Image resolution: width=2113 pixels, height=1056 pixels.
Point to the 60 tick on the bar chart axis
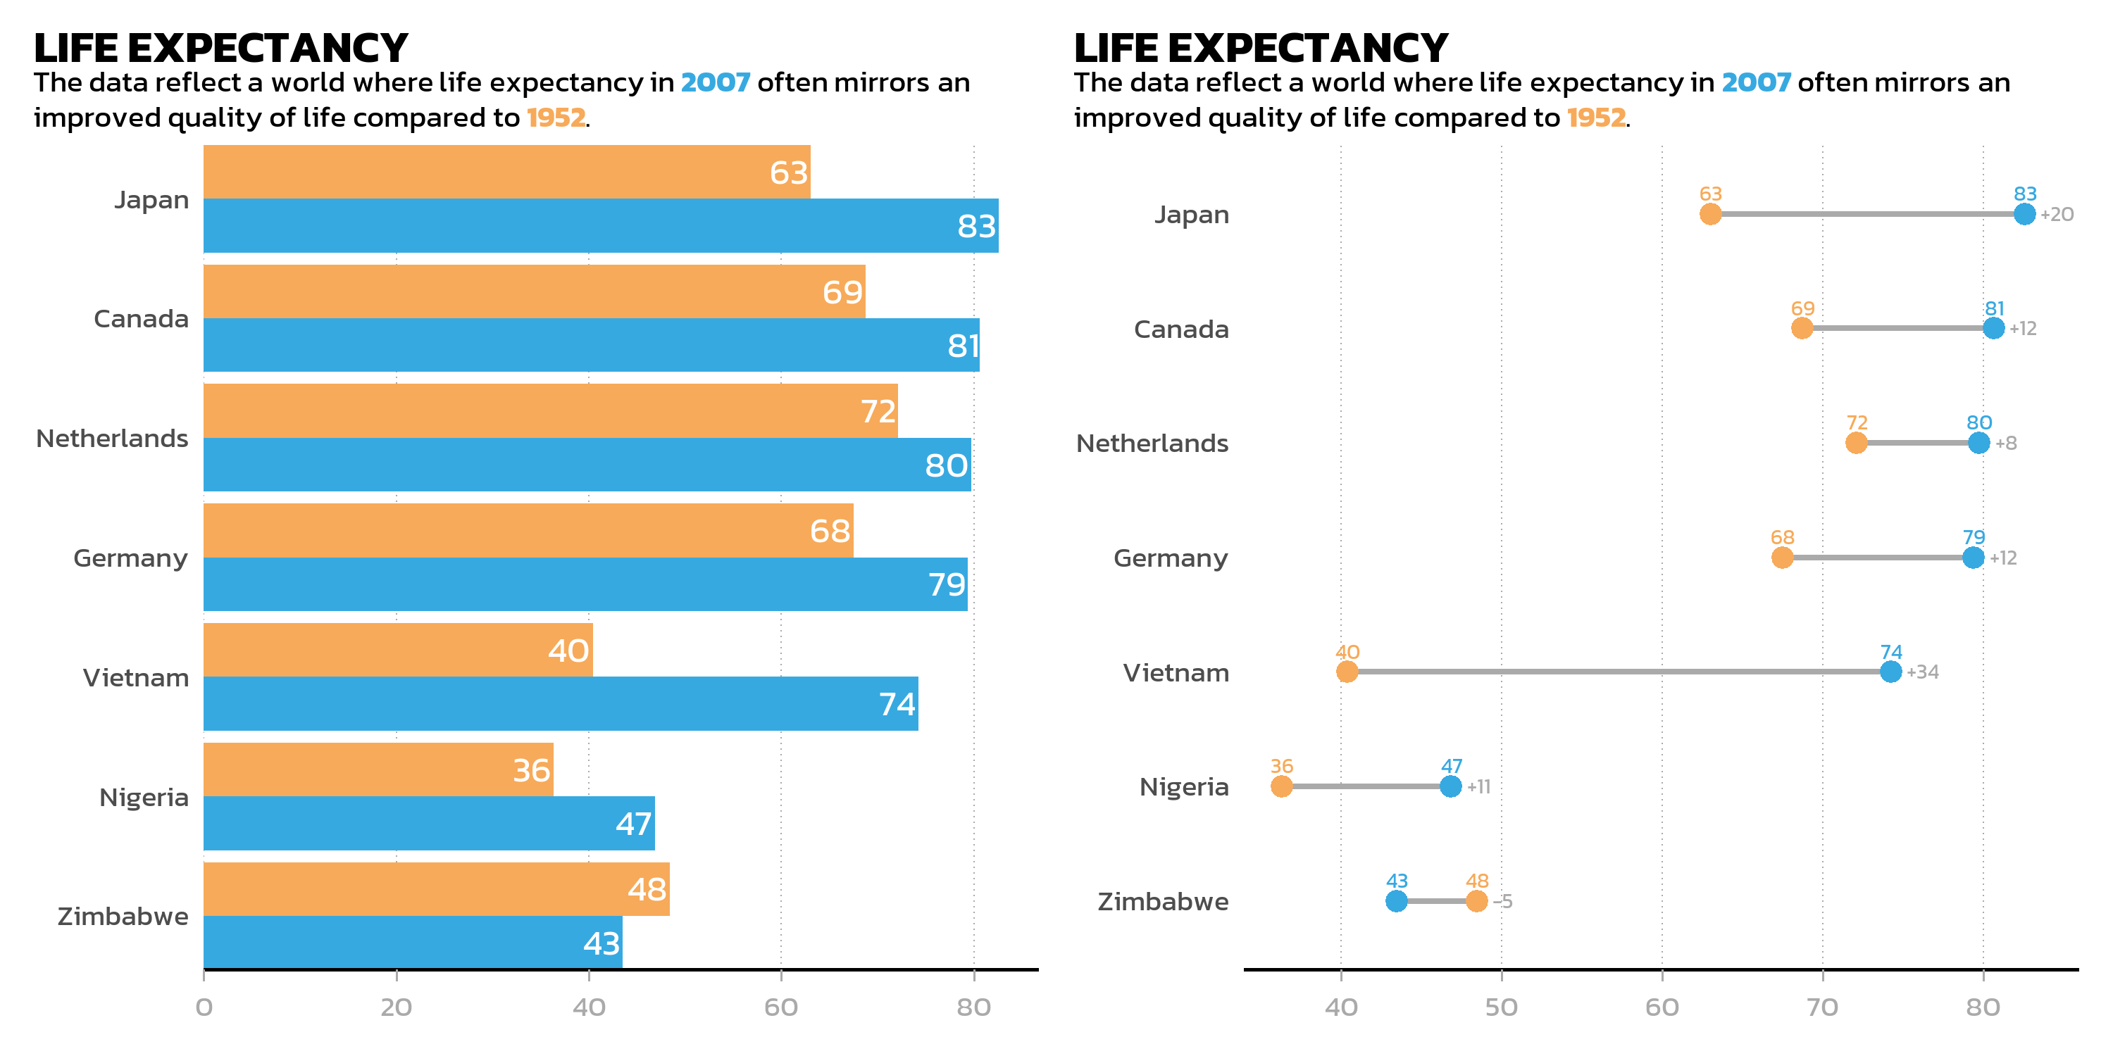click(781, 1007)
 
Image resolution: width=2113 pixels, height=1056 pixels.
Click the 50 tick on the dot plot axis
click(1501, 1007)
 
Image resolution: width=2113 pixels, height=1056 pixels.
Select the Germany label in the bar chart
click(130, 558)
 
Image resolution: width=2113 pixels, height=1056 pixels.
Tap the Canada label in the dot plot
click(1180, 329)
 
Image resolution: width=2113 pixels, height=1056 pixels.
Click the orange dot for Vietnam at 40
click(1347, 672)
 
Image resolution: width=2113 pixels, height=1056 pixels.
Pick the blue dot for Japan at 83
click(2024, 214)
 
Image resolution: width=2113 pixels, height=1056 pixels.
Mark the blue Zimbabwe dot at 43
click(1396, 901)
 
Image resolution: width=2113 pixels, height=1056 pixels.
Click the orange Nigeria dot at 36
click(1281, 786)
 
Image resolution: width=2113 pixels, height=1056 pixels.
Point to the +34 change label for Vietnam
click(1923, 672)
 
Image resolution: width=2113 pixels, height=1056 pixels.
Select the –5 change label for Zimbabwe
click(1503, 901)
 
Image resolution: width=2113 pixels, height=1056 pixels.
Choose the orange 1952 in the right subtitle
click(1595, 118)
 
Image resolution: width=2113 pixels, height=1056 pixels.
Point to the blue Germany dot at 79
click(1974, 558)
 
